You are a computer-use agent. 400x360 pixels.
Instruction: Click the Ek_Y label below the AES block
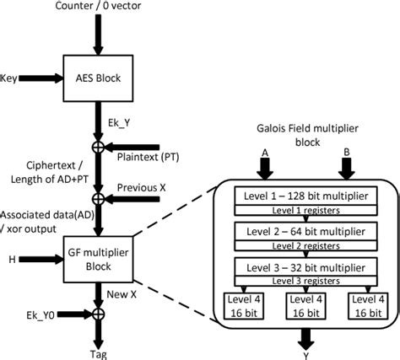pos(120,122)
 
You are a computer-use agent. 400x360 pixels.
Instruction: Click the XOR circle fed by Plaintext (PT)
pos(98,146)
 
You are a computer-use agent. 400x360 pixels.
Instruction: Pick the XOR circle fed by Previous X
pos(98,198)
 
